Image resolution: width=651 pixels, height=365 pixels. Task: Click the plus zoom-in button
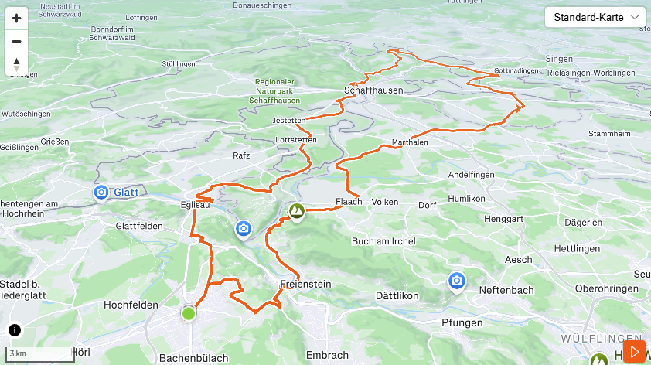[x=16, y=18]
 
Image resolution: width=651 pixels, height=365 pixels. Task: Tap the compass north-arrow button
[x=16, y=64]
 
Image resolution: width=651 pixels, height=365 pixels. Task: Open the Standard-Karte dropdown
[x=595, y=17]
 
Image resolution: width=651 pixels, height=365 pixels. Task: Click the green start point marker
[x=189, y=313]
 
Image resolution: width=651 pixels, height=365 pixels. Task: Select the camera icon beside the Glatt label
[x=101, y=192]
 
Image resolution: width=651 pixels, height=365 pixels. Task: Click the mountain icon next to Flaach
[x=295, y=210]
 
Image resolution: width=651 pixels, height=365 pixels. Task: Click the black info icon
[x=15, y=330]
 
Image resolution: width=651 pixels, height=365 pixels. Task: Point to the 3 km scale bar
[x=39, y=354]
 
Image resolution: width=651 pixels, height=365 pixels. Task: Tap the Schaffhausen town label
[x=373, y=90]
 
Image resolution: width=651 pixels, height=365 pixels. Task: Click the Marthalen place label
[x=410, y=142]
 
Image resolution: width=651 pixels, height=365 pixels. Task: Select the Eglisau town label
[x=198, y=206]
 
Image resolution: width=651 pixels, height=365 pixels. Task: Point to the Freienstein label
[x=306, y=284]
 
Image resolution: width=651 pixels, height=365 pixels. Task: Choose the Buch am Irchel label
[x=383, y=241]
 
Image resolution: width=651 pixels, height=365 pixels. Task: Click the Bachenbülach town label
[x=193, y=357]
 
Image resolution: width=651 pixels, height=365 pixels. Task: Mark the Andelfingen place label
[x=471, y=175]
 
